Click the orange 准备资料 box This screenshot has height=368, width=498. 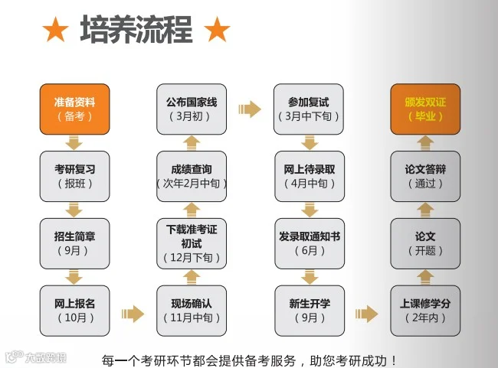74,109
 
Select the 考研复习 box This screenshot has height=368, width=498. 74,176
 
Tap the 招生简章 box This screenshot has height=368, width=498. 74,243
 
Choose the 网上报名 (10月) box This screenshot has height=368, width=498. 74,310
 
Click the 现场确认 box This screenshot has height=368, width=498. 192,310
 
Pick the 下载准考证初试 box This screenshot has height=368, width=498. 192,243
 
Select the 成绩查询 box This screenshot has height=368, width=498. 192,176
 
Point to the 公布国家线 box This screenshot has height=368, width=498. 192,109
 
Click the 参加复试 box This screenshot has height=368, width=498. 309,109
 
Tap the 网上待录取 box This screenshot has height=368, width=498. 309,176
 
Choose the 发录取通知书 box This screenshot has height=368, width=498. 309,243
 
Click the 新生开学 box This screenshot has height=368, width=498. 309,310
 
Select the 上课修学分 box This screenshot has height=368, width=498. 425,310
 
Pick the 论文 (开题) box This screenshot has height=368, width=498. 425,243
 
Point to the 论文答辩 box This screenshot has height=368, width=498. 425,176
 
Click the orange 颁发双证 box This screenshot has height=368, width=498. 425,109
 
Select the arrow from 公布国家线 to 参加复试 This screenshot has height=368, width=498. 250,109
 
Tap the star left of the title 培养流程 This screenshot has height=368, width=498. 55,31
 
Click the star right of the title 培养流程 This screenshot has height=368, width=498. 218,31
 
